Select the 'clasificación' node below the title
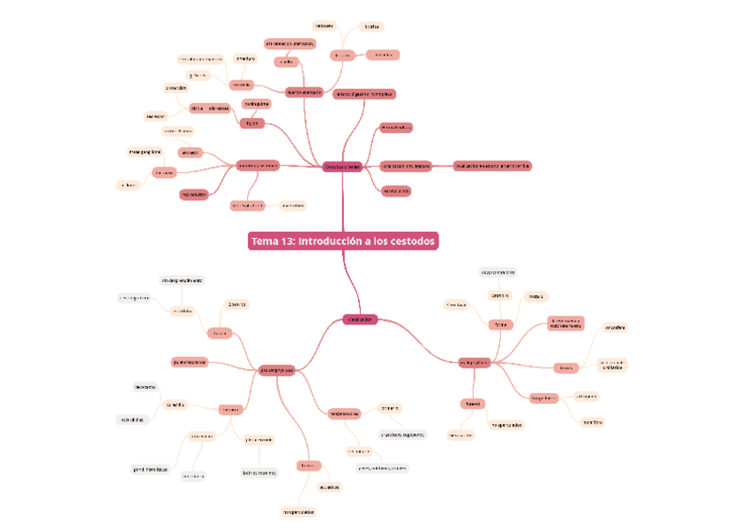pyautogui.click(x=360, y=319)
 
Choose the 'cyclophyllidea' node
pyautogui.click(x=474, y=362)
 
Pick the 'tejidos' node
pyautogui.click(x=251, y=123)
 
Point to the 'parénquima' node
pyautogui.click(x=256, y=104)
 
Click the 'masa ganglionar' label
pyautogui.click(x=145, y=152)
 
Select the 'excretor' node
pyautogui.click(x=190, y=152)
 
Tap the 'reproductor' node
pyautogui.click(x=194, y=194)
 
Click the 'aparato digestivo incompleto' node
pyautogui.click(x=364, y=93)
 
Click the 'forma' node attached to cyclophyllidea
pyautogui.click(x=501, y=324)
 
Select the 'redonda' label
pyautogui.click(x=535, y=297)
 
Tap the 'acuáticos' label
pyautogui.click(x=329, y=486)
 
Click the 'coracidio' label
pyautogui.click(x=175, y=405)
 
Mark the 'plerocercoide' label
pyautogui.click(x=258, y=439)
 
